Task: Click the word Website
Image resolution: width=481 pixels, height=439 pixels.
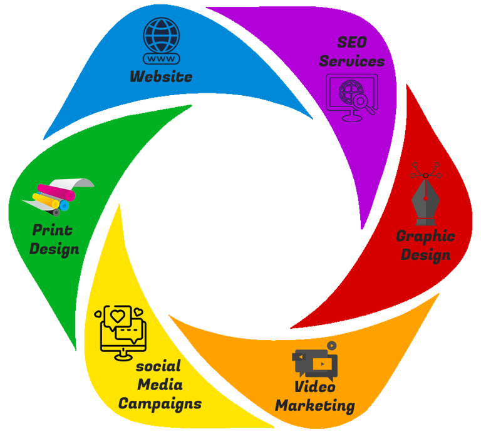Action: click(x=161, y=76)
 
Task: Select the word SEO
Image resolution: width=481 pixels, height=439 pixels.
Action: click(x=351, y=43)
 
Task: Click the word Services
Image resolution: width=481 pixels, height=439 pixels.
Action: click(x=352, y=61)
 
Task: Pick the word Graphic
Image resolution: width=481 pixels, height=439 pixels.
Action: click(x=425, y=237)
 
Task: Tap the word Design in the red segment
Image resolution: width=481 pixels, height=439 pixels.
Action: click(x=426, y=255)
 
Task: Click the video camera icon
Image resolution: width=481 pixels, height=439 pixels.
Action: click(x=316, y=361)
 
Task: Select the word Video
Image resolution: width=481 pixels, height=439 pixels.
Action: click(x=315, y=386)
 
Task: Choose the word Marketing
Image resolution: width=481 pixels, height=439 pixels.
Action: click(x=315, y=405)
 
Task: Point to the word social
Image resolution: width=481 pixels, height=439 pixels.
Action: click(x=158, y=366)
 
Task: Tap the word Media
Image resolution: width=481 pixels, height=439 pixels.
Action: click(x=160, y=384)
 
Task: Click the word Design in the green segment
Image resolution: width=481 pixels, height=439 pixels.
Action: click(x=54, y=249)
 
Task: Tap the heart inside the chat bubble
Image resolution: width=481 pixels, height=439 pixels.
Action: click(x=117, y=315)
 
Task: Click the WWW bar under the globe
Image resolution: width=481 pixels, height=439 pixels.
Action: click(x=161, y=59)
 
